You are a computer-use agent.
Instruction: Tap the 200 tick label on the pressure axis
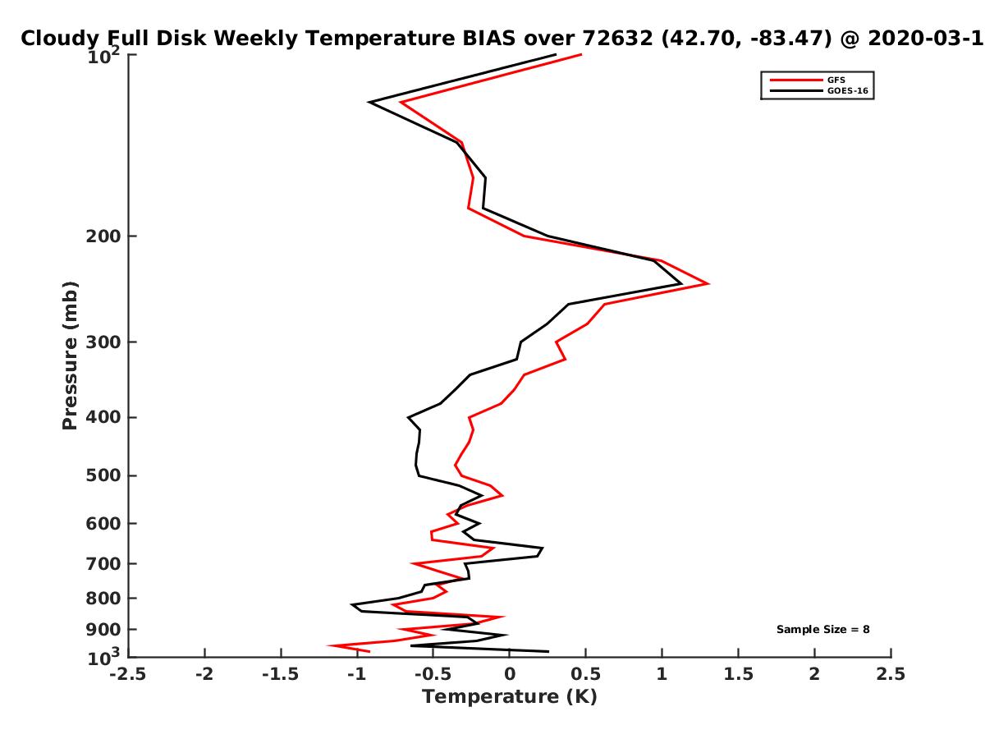[103, 236]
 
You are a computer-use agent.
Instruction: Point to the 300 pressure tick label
[103, 342]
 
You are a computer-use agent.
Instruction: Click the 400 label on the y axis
[103, 417]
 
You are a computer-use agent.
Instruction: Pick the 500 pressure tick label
[103, 475]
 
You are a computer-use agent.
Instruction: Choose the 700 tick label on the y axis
[103, 564]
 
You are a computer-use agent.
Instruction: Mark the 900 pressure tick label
[103, 630]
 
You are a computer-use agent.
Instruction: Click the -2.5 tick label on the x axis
[128, 674]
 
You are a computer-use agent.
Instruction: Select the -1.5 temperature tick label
[281, 674]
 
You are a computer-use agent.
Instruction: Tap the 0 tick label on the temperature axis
[510, 674]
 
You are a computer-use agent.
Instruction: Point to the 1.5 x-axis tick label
[738, 674]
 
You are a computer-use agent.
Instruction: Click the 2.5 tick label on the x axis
[891, 674]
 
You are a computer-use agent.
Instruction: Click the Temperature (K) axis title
[510, 697]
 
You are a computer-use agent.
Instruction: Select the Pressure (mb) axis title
[70, 356]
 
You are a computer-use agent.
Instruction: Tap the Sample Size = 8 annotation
[822, 630]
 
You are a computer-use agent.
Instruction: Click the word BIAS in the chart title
[488, 39]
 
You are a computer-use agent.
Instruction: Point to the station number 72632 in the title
[617, 39]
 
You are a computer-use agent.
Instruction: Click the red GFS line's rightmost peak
[708, 283]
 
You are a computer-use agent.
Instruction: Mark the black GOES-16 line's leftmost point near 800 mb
[351, 605]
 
